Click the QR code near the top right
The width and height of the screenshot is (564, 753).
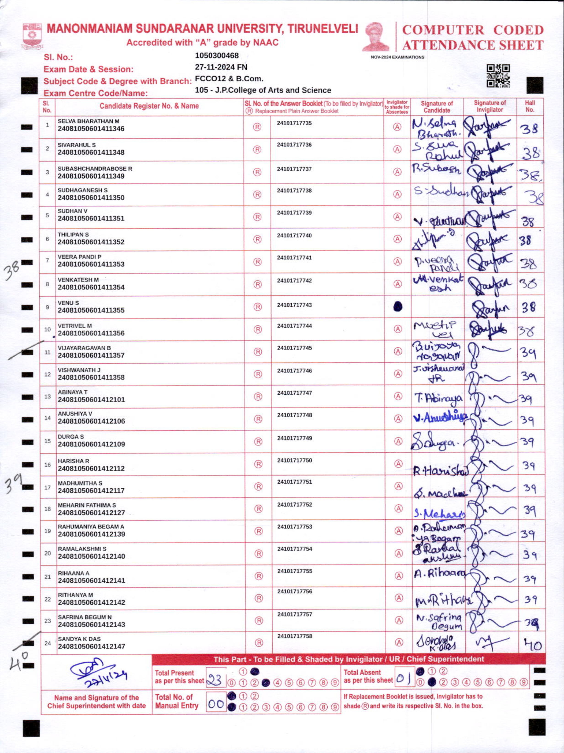coord(498,76)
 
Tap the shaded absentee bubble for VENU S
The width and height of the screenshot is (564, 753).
coord(398,307)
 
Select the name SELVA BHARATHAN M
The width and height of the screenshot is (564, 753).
coord(88,121)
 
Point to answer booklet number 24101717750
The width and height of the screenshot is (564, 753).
coord(294,460)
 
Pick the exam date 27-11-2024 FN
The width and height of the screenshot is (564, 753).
coord(221,67)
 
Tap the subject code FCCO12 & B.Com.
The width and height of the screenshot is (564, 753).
coord(229,79)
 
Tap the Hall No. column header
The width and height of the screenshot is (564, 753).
coord(530,106)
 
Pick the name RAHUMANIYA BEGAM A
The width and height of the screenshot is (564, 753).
coord(91,526)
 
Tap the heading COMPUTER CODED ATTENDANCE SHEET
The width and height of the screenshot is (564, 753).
coord(473,37)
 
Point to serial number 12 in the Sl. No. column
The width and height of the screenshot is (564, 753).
coord(47,374)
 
